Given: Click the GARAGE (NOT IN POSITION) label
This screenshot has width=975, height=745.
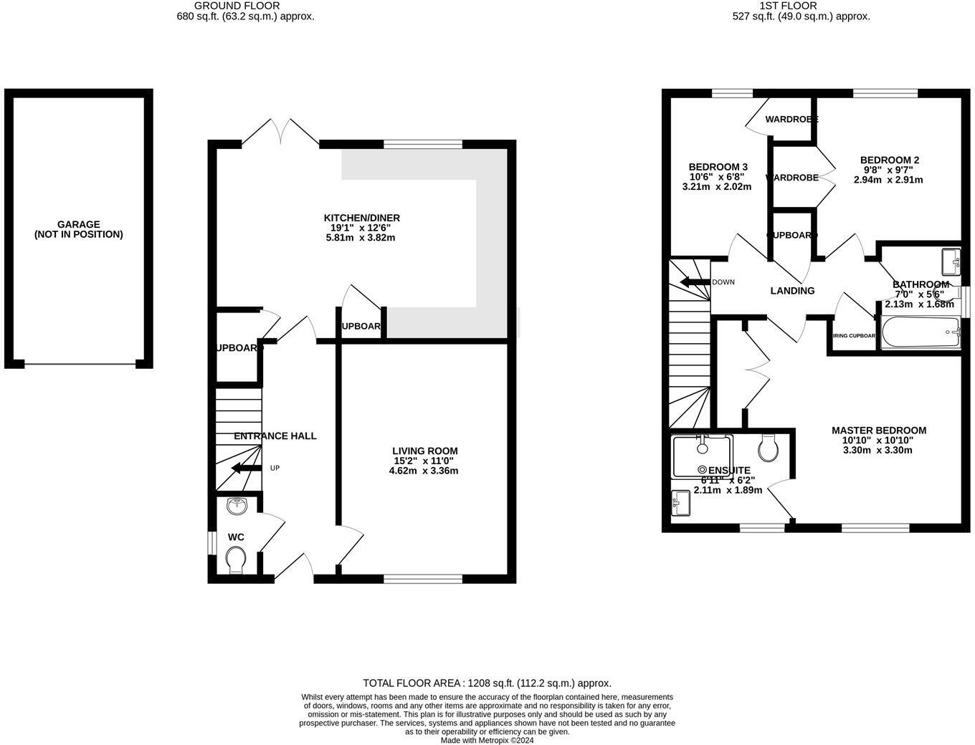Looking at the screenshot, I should (79, 229).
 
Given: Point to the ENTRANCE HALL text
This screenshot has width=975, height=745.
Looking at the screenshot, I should (275, 436).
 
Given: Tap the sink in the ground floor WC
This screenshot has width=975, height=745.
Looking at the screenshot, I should (237, 506).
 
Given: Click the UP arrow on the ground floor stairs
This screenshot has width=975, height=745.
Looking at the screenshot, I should (245, 468).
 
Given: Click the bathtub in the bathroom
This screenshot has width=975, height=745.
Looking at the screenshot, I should (921, 332).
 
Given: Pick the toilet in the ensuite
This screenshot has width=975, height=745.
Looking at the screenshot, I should (769, 448).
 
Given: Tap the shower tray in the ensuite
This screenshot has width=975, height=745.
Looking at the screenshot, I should (702, 456).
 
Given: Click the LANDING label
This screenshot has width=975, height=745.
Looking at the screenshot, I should (792, 291).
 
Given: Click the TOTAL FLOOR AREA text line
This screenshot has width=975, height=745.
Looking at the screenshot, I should (487, 683).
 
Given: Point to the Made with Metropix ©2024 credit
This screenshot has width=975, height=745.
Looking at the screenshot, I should (487, 741).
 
